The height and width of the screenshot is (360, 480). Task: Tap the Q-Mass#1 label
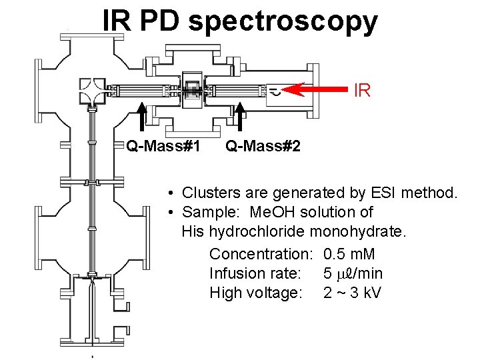[163, 145]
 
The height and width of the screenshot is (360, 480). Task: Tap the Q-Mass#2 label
[263, 145]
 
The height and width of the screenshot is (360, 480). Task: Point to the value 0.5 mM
[349, 254]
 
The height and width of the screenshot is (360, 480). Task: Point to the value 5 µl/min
[353, 273]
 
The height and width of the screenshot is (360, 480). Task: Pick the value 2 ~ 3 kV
[352, 293]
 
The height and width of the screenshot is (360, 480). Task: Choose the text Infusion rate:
[255, 273]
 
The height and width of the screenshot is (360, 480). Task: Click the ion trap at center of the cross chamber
[194, 91]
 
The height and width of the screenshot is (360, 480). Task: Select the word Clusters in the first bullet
[207, 193]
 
